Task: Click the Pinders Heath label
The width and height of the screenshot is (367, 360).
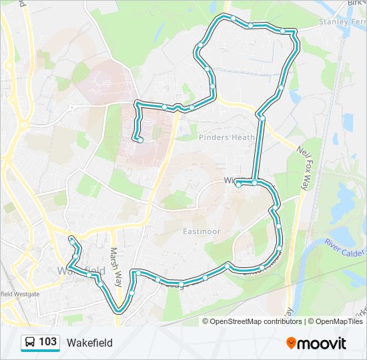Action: point(227,137)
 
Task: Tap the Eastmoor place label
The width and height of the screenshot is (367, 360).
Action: point(202,231)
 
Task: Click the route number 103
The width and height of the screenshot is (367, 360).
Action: point(47,342)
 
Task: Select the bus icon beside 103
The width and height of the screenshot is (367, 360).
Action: point(30,343)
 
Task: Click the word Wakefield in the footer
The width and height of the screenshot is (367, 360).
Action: point(89,343)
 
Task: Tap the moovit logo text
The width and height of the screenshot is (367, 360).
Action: point(322,343)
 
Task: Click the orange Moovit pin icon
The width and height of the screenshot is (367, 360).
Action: point(291,343)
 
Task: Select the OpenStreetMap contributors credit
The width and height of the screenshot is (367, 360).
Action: point(256,321)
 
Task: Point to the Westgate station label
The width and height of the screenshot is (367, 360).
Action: point(20,293)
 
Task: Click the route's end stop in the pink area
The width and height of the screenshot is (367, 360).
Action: point(141,139)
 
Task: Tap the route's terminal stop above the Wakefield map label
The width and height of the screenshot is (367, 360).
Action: point(71,239)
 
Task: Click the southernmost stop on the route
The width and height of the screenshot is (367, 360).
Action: point(120,309)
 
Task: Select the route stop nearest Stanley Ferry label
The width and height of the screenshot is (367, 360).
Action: point(283,31)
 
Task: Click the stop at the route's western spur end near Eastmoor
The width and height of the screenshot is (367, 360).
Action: point(238,185)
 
